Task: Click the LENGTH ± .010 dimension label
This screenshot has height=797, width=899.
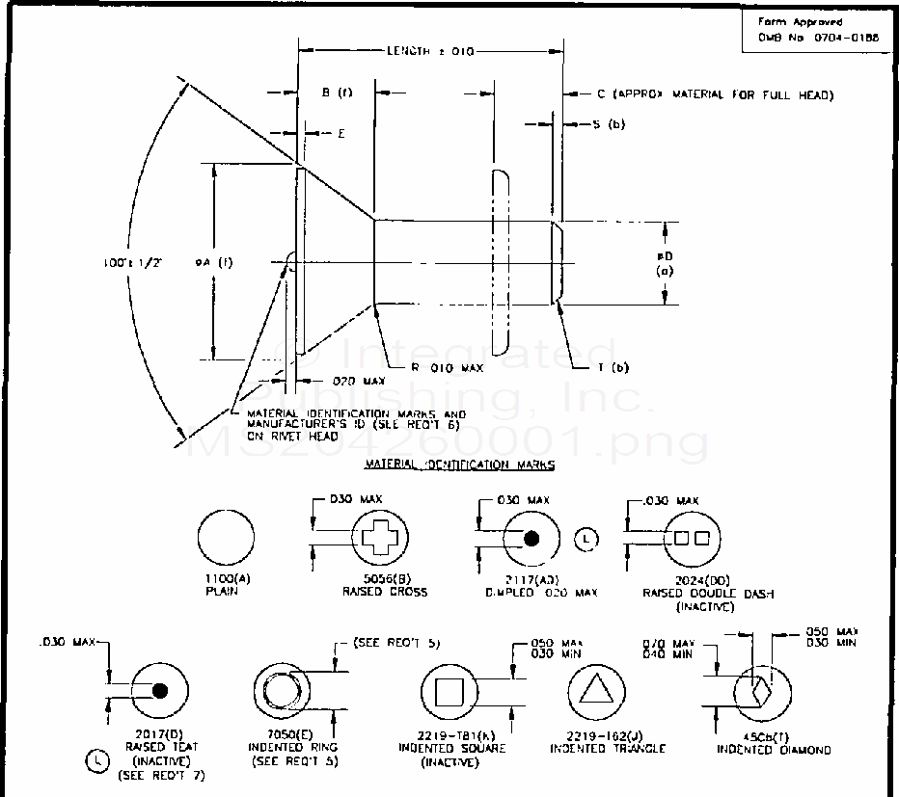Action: pyautogui.click(x=430, y=51)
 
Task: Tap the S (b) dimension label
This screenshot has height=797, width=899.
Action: pyautogui.click(x=609, y=125)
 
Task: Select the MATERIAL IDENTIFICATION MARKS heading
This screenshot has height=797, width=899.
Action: pyautogui.click(x=459, y=465)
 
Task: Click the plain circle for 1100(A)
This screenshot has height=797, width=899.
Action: pyautogui.click(x=227, y=540)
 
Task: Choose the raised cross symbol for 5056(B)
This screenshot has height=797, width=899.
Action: pyautogui.click(x=377, y=539)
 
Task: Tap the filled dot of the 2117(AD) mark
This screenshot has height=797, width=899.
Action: pyautogui.click(x=531, y=540)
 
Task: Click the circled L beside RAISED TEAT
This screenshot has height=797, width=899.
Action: pyautogui.click(x=96, y=762)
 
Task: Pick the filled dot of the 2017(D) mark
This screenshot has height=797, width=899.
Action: pyautogui.click(x=160, y=690)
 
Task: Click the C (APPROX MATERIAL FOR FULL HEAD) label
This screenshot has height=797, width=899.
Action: pyautogui.click(x=715, y=94)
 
